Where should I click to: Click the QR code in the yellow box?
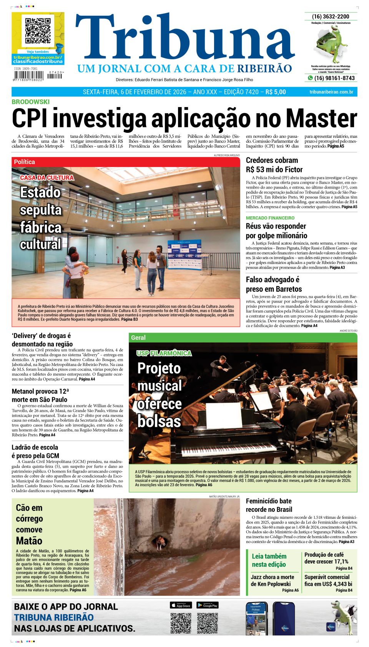click(x=38, y=30)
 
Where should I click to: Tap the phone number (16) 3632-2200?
click(x=331, y=17)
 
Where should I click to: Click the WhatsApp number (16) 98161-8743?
click(x=334, y=78)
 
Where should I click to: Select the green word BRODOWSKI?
click(x=30, y=102)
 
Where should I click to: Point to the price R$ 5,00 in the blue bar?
click(x=276, y=92)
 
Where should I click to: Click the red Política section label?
click(x=24, y=162)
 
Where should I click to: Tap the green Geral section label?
click(x=138, y=338)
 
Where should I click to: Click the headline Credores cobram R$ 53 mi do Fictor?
click(x=274, y=165)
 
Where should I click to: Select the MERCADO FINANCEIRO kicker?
click(x=270, y=218)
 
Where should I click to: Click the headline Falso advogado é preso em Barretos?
click(x=274, y=284)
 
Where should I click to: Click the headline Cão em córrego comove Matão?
click(x=29, y=524)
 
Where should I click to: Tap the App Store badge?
click(x=181, y=605)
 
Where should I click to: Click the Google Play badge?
click(x=208, y=605)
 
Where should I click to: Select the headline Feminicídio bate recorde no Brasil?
click(x=269, y=505)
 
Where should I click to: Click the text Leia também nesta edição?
click(x=269, y=560)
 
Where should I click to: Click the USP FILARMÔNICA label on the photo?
click(x=164, y=353)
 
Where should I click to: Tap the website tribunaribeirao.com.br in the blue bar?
click(x=331, y=92)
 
